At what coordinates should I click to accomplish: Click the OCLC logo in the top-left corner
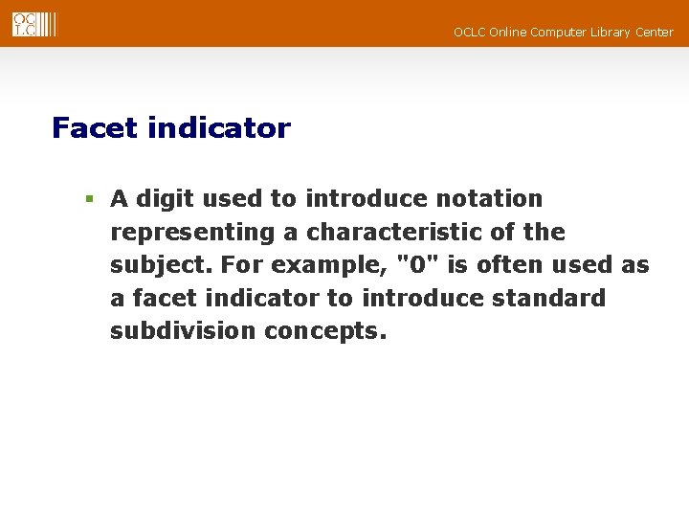click(x=33, y=25)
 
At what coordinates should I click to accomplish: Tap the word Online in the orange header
click(x=509, y=33)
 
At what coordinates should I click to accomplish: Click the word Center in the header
click(x=656, y=33)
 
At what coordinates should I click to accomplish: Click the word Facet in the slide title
click(x=96, y=128)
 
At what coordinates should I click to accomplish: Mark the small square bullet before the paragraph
click(x=88, y=200)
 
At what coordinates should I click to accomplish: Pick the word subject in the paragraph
click(x=149, y=266)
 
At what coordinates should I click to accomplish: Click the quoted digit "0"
click(x=411, y=265)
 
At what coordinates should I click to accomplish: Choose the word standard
click(x=548, y=299)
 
